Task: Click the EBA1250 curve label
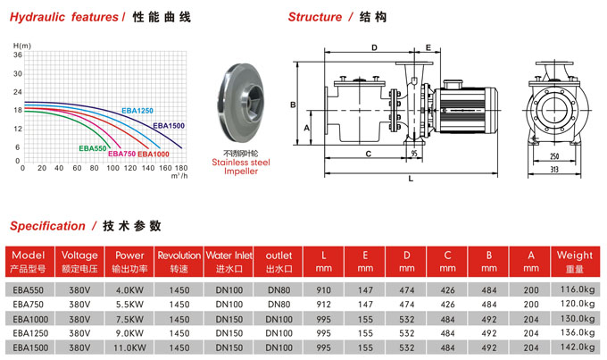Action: pos(137,110)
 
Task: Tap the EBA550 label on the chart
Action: pos(93,147)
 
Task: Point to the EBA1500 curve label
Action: pos(168,126)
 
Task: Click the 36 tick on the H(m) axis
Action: pos(17,55)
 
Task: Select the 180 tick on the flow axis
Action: pos(180,167)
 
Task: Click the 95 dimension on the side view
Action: pos(415,154)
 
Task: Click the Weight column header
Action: pos(574,261)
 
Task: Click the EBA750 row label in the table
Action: pos(29,304)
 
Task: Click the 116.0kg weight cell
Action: pos(575,289)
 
